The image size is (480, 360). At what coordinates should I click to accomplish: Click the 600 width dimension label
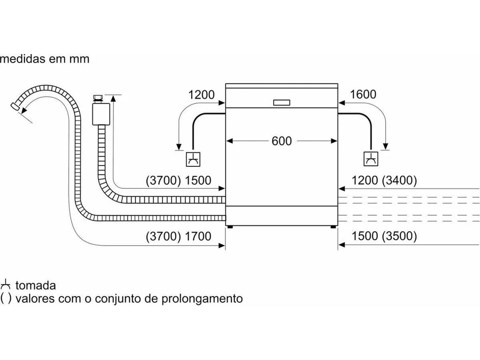click(282, 141)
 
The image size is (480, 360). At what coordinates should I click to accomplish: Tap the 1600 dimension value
click(363, 94)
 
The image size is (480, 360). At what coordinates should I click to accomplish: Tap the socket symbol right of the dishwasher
click(370, 160)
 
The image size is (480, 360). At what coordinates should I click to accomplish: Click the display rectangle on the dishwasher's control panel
click(281, 102)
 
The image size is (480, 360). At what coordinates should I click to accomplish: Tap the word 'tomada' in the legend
click(36, 285)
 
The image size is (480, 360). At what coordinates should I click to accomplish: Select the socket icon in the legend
click(6, 284)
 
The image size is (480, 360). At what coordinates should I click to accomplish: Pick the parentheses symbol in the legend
click(6, 298)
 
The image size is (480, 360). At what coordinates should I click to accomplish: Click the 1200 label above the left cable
click(202, 94)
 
